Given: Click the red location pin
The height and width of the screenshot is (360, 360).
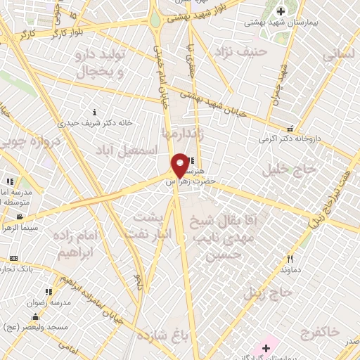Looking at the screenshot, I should coord(180,165).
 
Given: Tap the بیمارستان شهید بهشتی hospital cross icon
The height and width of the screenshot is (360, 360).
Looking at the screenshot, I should coord(282,11).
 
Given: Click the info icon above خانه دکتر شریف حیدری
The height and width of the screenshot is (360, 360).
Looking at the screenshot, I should coord(96,112).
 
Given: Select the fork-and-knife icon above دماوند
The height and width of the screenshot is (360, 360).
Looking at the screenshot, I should coord(290,258).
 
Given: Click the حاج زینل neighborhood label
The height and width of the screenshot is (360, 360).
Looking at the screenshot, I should coord(266,292).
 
